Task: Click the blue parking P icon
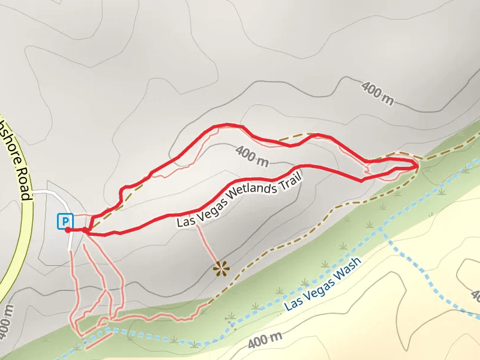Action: pos(64,221)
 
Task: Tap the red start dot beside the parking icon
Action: pos(67,230)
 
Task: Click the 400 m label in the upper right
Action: pos(378,94)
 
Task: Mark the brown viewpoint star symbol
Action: pos(221,268)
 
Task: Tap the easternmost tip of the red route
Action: pos(418,165)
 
